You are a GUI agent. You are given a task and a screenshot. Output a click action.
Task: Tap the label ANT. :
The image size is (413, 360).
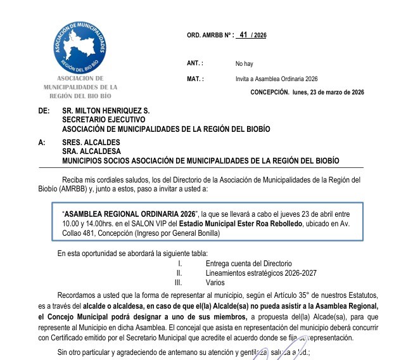click(195, 63)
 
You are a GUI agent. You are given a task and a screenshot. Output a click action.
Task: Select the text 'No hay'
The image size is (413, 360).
click(244, 64)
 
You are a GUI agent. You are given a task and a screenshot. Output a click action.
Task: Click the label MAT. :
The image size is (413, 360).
click(195, 79)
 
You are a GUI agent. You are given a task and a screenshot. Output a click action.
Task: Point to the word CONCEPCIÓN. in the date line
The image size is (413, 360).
click(270, 93)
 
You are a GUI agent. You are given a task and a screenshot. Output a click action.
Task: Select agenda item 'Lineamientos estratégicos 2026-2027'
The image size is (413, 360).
click(261, 273)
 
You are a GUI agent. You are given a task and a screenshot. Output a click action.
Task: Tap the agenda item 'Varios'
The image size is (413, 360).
click(215, 282)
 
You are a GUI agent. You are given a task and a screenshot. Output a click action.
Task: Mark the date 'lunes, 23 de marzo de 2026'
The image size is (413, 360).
click(329, 93)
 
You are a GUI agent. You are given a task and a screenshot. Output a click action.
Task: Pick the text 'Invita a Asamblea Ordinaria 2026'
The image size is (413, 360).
click(276, 79)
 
